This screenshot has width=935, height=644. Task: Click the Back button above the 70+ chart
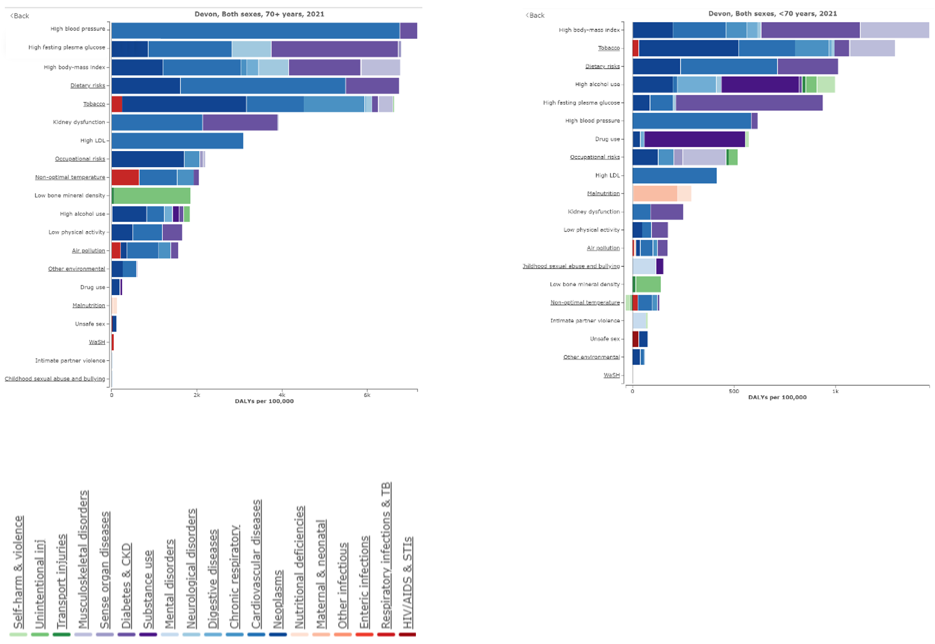tap(20, 16)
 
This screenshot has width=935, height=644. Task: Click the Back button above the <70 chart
tap(535, 15)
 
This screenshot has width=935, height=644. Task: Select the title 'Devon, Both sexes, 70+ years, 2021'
tap(259, 14)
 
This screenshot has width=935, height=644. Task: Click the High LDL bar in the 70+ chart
tap(177, 141)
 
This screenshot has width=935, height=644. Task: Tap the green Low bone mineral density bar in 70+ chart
tap(152, 196)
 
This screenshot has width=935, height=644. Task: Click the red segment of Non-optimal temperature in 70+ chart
tap(125, 177)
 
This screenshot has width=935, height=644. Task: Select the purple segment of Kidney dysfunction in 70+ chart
tap(240, 123)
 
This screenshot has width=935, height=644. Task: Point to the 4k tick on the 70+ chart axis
tap(282, 395)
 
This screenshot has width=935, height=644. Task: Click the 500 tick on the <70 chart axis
tap(733, 391)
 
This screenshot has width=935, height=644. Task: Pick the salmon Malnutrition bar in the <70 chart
tap(654, 194)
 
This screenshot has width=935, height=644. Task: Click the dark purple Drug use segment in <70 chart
tap(694, 139)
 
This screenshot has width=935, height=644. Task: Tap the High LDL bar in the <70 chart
tap(674, 175)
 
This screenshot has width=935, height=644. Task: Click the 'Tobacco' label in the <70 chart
tap(609, 48)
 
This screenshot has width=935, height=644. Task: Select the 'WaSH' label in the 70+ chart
tap(97, 342)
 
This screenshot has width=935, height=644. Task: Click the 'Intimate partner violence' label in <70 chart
tap(585, 321)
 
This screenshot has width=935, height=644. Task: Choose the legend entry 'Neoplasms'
tap(278, 599)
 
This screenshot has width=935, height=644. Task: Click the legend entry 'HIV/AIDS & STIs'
tap(408, 583)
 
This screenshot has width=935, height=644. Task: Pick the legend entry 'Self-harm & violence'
tap(19, 573)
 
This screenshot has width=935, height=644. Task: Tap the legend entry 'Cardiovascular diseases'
tap(256, 564)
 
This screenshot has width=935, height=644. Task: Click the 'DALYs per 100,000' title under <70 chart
tap(777, 397)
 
